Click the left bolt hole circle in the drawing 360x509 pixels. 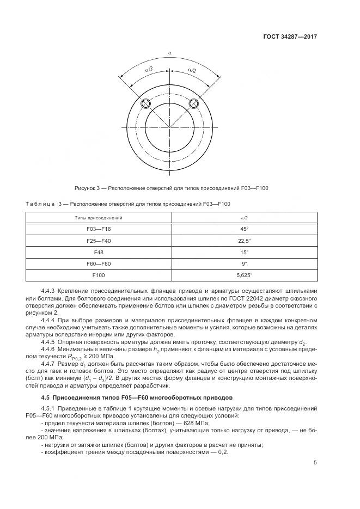(146, 104)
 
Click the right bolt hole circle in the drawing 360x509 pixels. (193, 104)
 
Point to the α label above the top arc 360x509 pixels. (170, 53)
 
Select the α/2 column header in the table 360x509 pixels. (245, 218)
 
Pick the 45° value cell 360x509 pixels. (245, 229)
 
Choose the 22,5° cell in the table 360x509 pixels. (245, 241)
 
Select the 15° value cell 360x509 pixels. (245, 253)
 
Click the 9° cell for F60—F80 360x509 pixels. (245, 264)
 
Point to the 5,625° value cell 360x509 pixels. (245, 275)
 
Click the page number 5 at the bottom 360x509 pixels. (315, 463)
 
